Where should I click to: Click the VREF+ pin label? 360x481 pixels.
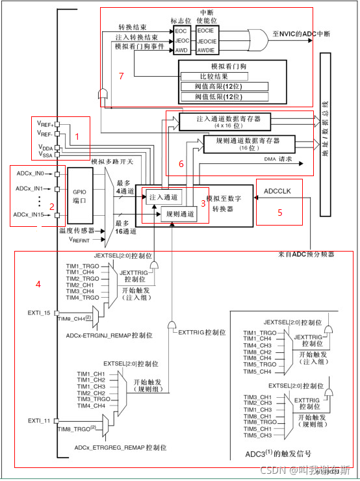(x=45, y=123)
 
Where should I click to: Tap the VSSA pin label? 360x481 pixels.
(x=45, y=156)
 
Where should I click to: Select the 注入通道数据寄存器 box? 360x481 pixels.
(x=228, y=122)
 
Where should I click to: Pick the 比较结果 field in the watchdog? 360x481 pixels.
(x=224, y=77)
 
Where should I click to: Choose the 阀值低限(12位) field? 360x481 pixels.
(x=224, y=97)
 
